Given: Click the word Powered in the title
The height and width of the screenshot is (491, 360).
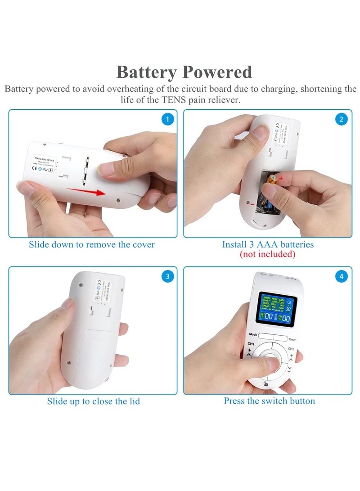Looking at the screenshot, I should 217,72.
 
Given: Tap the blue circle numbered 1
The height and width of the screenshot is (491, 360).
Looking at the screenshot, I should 167,119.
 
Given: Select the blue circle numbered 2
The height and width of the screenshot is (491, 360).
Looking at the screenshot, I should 342,119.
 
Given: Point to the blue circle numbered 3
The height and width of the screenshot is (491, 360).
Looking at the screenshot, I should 167,276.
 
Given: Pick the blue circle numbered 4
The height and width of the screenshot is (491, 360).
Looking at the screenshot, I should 342,276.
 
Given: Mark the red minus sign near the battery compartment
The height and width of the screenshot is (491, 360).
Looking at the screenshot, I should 253,205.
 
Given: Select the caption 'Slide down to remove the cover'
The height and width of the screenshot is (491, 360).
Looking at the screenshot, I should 91,245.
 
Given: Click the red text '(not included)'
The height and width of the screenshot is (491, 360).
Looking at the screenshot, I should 267,254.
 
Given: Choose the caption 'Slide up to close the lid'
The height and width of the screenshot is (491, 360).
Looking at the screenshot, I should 93,401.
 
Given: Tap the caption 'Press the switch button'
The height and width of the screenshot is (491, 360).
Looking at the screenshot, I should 269,401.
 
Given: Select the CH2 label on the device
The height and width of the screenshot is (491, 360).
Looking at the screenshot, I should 291,349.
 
